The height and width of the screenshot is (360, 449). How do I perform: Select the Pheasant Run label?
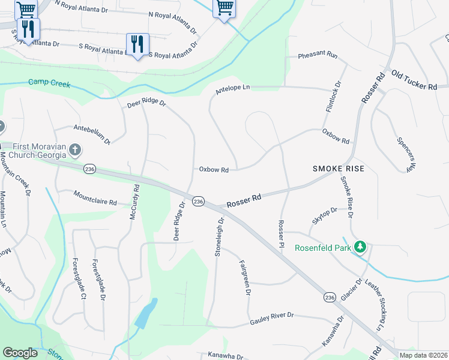[x=318, y=56]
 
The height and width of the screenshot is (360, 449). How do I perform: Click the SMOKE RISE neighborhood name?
[x=339, y=169]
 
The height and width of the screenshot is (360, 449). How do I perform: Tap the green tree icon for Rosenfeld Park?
[x=360, y=247]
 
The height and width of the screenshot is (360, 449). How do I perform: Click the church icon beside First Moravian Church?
[x=74, y=149]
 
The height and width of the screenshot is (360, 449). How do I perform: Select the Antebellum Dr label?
[x=92, y=134]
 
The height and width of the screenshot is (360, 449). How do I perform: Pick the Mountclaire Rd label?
[x=95, y=198]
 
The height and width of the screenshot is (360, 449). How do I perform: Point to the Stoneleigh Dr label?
[x=220, y=237]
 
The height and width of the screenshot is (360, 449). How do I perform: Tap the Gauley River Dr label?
[x=272, y=319]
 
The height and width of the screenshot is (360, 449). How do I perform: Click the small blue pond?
[x=146, y=314]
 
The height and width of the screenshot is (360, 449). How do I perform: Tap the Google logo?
[x=20, y=353]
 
